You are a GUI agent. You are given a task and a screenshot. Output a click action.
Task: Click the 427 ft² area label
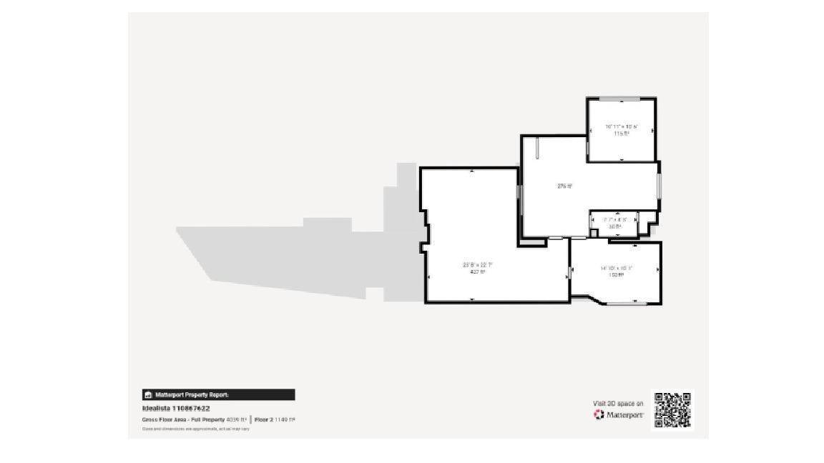click(478, 272)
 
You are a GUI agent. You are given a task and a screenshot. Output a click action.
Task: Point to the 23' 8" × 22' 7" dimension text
click(478, 265)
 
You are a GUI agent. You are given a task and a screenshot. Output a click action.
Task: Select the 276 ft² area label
click(564, 186)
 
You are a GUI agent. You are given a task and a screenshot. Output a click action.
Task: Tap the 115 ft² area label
click(621, 133)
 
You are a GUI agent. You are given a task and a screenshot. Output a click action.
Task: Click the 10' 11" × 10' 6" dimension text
click(621, 126)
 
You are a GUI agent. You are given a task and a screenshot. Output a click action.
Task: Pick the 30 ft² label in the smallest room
click(614, 226)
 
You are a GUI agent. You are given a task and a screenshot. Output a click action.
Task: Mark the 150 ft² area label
click(616, 274)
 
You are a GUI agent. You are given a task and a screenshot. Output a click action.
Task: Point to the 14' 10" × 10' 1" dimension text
click(616, 268)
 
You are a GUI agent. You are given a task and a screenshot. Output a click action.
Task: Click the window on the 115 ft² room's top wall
click(619, 99)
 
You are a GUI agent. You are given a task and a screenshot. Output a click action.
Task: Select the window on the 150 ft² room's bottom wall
click(627, 304)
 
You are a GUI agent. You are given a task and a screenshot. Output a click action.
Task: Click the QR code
click(673, 410)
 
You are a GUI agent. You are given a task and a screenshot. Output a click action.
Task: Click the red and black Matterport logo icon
click(599, 414)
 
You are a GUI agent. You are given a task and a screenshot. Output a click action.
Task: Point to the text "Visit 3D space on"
click(618, 404)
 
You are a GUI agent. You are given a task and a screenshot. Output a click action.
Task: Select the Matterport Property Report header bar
click(218, 394)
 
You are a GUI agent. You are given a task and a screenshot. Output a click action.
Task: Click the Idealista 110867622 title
click(176, 409)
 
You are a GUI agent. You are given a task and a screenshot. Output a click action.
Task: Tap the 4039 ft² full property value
click(236, 419)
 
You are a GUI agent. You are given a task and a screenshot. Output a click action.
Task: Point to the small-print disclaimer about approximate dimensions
click(196, 429)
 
